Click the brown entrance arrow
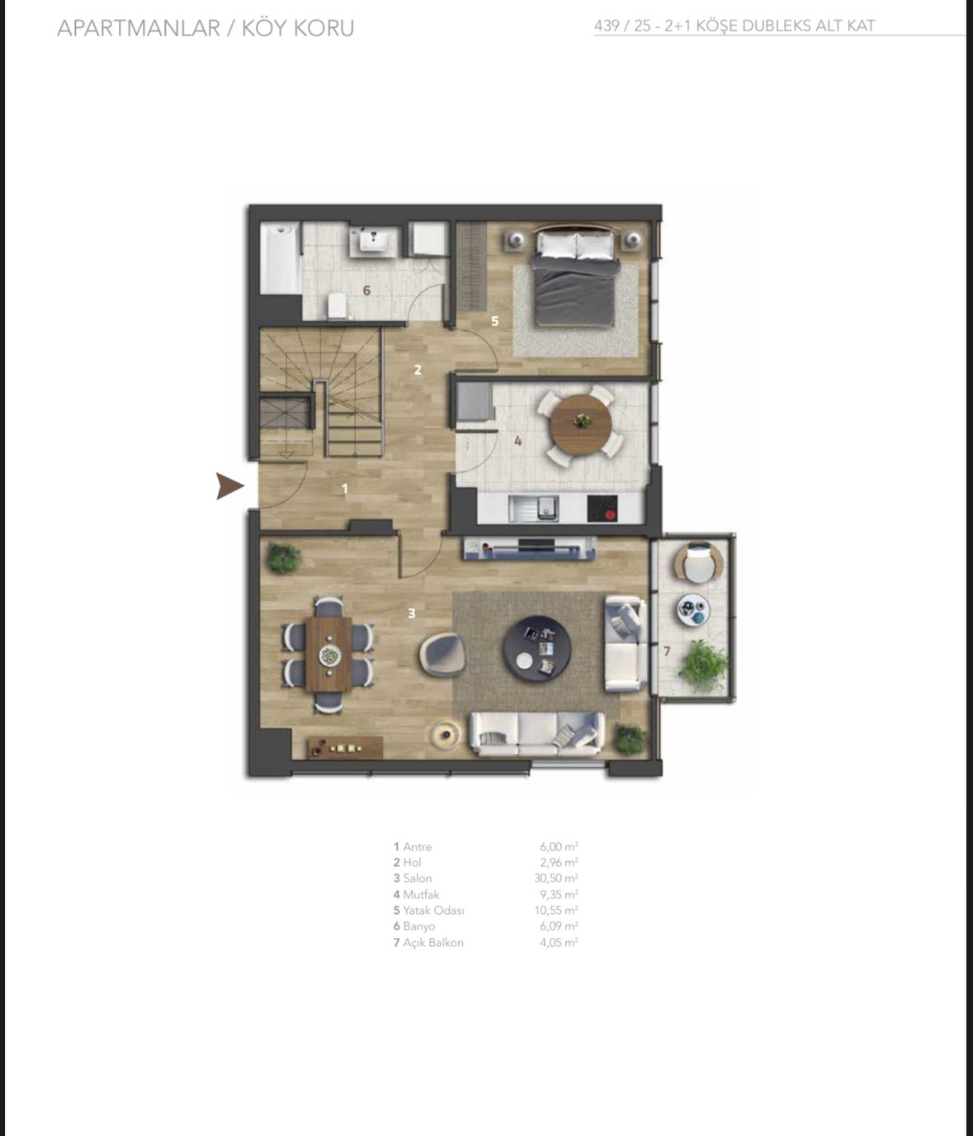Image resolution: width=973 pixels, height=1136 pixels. click(x=229, y=485)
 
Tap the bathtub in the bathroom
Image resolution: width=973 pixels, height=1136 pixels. click(x=281, y=258)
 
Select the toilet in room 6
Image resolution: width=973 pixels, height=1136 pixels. click(x=338, y=305)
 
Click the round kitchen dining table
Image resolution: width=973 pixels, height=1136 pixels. click(x=581, y=424)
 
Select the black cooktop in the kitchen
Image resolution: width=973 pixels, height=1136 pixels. click(x=602, y=509)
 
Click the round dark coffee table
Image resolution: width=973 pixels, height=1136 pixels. click(x=536, y=649)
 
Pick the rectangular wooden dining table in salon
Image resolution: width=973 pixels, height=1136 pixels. click(x=328, y=654)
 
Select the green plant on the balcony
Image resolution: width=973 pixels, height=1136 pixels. click(x=704, y=666)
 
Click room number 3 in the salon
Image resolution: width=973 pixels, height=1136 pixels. click(x=412, y=613)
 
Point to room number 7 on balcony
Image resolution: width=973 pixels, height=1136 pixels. click(x=667, y=651)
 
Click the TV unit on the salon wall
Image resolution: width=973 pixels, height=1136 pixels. click(x=530, y=547)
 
